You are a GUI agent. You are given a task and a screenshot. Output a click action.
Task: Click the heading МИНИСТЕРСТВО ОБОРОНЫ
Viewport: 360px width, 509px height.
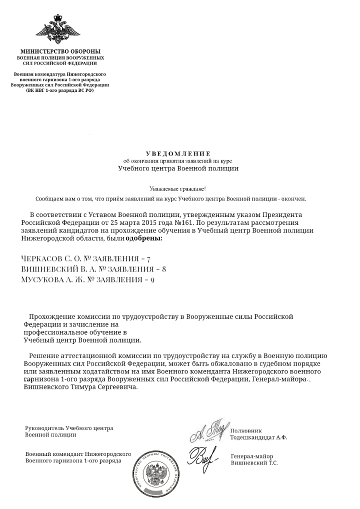(x=60, y=51)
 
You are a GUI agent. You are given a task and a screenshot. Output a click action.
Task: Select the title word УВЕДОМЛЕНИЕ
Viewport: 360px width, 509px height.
(x=178, y=153)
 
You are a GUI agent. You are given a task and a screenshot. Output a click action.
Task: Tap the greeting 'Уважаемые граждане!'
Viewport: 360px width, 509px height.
(x=177, y=188)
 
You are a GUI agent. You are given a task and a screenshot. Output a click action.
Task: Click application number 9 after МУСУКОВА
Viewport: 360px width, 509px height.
(x=152, y=280)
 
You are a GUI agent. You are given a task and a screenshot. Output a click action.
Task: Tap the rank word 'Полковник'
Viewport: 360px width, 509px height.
(x=246, y=430)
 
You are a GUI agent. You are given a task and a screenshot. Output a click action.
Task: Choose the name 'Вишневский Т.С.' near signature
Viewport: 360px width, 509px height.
(x=254, y=463)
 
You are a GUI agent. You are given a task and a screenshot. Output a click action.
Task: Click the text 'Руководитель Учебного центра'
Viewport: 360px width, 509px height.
(x=69, y=428)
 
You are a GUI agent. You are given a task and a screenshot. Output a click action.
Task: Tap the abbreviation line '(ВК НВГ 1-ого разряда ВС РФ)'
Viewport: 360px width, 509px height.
(x=60, y=90)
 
